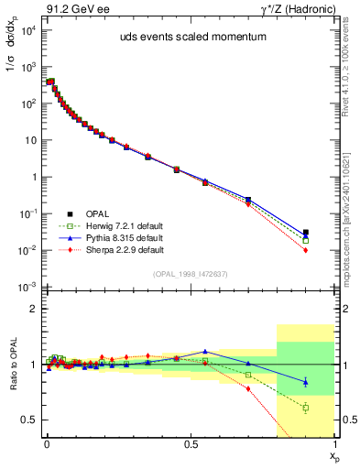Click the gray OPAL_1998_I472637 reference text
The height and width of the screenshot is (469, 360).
point(190,273)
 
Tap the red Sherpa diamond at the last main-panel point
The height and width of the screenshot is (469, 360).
point(306,250)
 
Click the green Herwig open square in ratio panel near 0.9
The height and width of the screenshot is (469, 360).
point(306,408)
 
